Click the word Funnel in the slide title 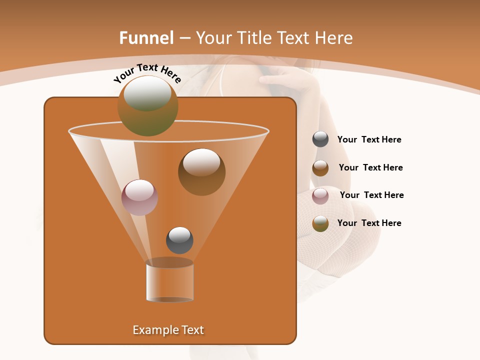coord(146,38)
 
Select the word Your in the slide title coord(213,38)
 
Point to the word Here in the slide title coord(333,38)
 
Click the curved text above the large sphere coord(147,73)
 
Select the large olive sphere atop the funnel coord(148,105)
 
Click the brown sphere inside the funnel coord(201,171)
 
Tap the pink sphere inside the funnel coord(139,197)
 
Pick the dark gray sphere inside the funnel coord(179,240)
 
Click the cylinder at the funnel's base coord(169,281)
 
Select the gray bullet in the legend coord(320,139)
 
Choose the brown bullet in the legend coord(320,168)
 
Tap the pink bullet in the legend coord(320,195)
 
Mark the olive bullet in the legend coord(320,223)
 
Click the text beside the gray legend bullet coord(369,140)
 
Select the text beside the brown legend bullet coord(370,167)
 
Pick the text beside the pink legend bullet coord(371,195)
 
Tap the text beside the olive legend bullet coord(369,223)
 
